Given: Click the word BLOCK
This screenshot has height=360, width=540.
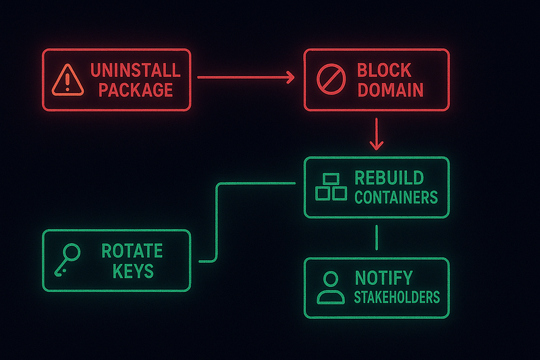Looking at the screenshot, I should [x=384, y=70].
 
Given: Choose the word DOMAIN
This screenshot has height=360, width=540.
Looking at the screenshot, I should [x=391, y=90].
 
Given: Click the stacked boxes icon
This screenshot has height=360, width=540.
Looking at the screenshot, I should [x=331, y=187].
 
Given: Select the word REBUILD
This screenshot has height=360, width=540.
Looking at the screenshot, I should [x=389, y=178].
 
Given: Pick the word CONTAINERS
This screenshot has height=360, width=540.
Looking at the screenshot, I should [x=396, y=198].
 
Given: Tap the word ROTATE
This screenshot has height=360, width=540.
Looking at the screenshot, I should [x=132, y=251].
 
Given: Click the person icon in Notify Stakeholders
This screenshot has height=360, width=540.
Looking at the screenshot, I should [x=330, y=288].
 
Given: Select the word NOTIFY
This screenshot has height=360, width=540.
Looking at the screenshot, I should [x=383, y=277].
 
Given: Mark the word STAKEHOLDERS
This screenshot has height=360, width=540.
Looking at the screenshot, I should [x=396, y=297].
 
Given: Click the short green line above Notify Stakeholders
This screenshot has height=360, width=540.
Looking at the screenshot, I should [x=376, y=238].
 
